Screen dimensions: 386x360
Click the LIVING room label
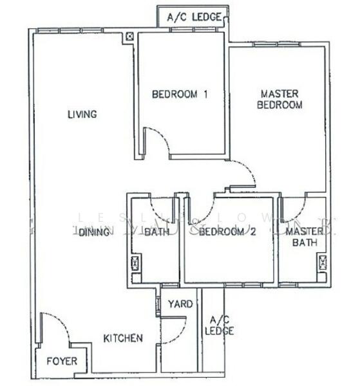82,115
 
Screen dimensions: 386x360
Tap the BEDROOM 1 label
180,95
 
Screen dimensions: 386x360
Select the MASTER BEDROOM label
279,98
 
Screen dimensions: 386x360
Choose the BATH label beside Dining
156,233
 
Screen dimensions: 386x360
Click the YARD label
180,304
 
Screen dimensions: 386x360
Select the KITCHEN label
123,338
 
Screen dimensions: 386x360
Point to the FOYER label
62,362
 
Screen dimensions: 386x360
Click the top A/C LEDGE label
194,17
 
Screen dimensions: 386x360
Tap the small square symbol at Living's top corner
131,37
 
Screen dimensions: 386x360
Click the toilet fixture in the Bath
135,263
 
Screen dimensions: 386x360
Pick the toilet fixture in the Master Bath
321,262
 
